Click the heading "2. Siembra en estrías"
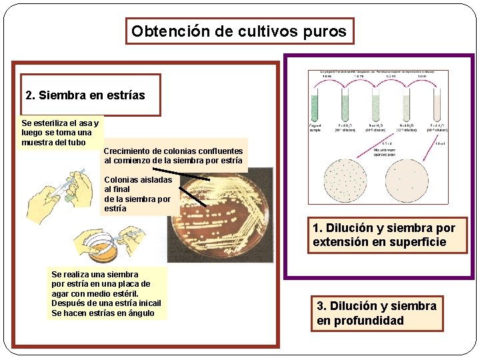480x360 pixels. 85,95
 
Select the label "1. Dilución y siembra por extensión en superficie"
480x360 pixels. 383,235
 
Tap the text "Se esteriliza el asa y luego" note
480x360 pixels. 60,133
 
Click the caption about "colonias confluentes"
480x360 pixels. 173,156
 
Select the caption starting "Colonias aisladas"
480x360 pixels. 137,194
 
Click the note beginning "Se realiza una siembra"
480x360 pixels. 105,293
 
